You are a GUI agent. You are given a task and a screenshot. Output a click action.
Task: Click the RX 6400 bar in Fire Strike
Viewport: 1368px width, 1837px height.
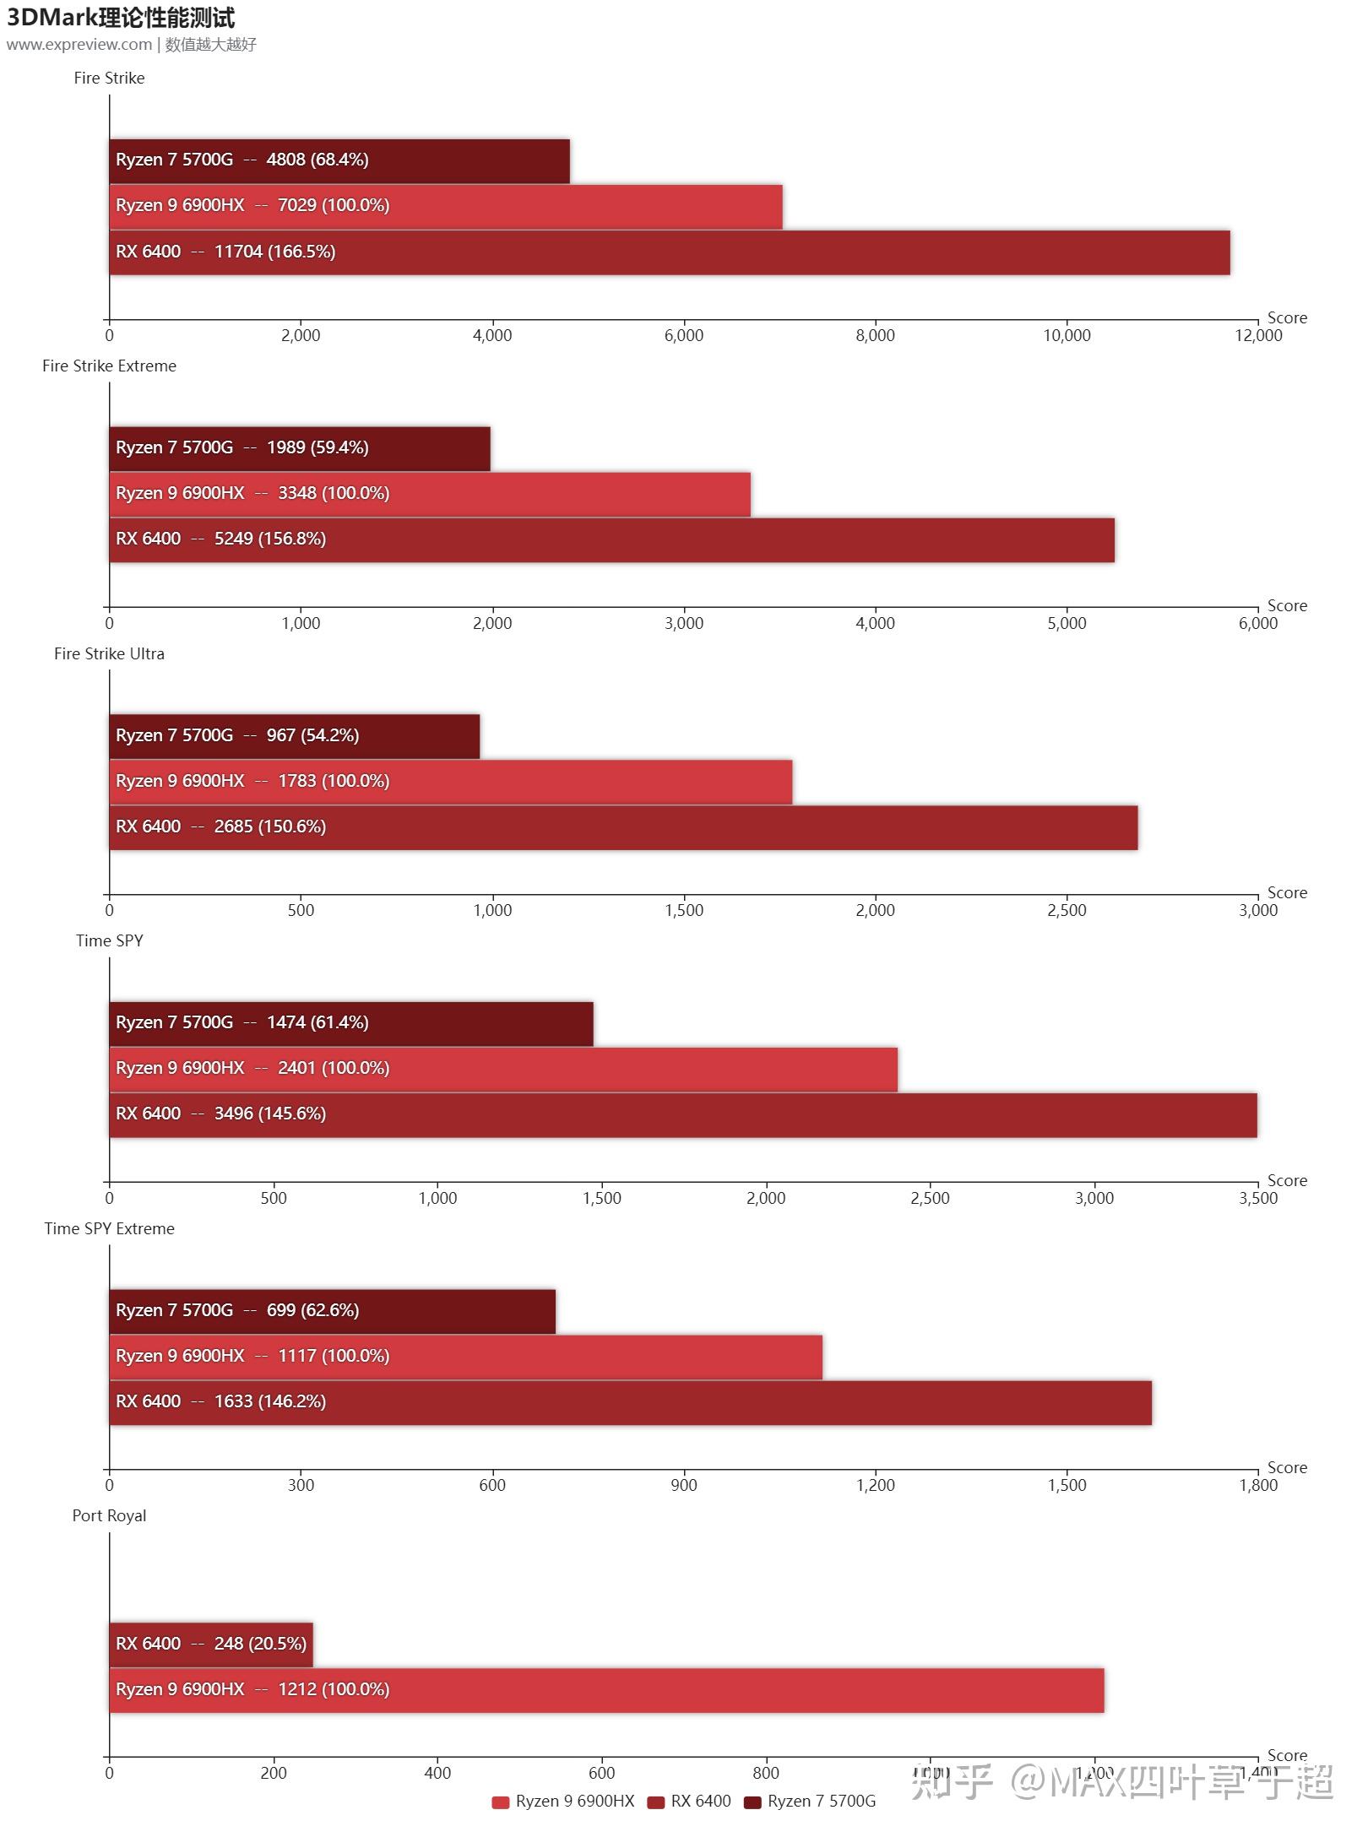669,252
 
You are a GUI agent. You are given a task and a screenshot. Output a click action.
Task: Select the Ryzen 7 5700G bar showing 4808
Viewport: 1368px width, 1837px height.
339,160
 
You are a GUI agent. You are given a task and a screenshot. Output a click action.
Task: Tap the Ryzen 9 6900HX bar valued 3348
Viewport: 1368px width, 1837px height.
430,494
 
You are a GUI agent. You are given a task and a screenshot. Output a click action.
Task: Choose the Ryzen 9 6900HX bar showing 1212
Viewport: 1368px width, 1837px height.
606,1690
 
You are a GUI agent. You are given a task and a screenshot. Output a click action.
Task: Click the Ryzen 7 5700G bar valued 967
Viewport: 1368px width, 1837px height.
294,736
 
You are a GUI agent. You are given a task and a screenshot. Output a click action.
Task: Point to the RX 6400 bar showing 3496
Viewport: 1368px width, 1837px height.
682,1114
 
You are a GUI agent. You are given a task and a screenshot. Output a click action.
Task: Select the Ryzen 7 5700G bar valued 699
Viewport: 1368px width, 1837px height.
332,1311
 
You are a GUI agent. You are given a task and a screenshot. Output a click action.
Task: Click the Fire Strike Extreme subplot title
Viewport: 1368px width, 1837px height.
109,366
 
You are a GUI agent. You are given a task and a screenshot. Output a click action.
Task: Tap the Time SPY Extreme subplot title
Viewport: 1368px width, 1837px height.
109,1228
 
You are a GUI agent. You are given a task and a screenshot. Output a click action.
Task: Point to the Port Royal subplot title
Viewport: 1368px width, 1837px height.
109,1515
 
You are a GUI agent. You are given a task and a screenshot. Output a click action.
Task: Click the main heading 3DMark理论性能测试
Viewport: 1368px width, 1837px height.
121,18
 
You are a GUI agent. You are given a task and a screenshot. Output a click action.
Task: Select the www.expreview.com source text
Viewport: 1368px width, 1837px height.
79,45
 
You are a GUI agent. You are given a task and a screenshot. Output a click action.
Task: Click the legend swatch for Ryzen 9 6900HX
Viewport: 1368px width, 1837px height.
500,1802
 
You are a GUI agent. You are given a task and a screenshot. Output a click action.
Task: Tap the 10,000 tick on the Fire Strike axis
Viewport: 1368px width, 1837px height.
1067,335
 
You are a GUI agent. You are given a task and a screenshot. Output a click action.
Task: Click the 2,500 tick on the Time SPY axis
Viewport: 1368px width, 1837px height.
930,1198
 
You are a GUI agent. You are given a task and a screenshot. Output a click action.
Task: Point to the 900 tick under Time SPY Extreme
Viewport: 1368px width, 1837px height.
683,1485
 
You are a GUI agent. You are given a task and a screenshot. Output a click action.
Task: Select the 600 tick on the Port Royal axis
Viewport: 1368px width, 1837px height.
601,1773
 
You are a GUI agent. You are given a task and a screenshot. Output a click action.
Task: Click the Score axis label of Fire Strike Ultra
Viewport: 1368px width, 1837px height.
1286,892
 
